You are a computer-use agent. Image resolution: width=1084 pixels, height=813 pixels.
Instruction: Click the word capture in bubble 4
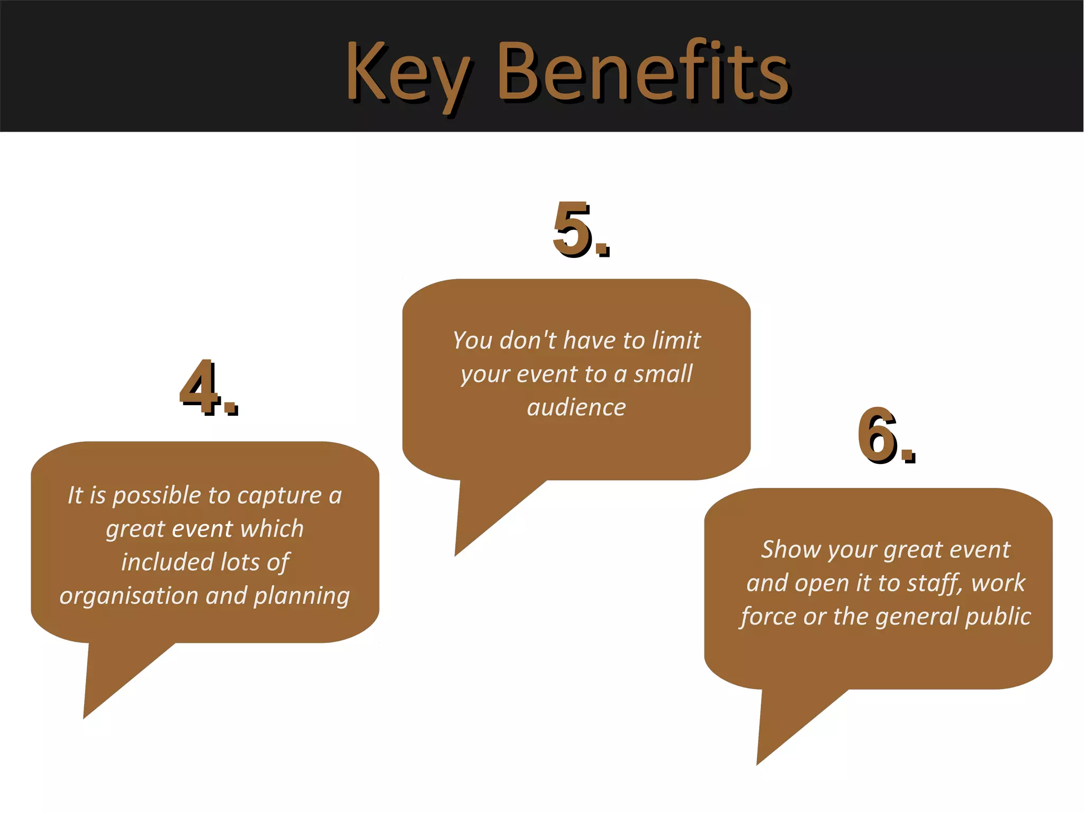(x=279, y=496)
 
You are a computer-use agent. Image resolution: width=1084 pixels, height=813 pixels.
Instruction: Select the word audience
(x=576, y=407)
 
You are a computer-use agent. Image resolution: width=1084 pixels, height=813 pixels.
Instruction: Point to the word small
(x=663, y=374)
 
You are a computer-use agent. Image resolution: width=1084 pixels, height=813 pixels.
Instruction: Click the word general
(x=917, y=617)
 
